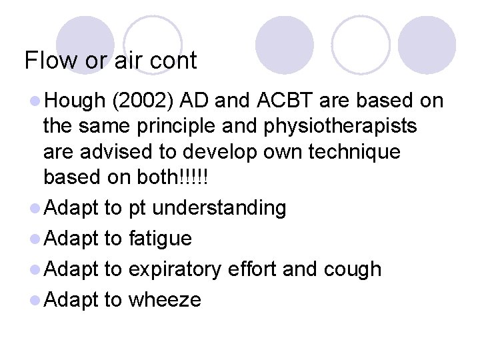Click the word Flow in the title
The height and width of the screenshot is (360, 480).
(x=50, y=61)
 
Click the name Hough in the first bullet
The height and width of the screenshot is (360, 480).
(x=74, y=101)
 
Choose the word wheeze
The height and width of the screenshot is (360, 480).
(x=164, y=299)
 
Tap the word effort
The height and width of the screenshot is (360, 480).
(x=253, y=269)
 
